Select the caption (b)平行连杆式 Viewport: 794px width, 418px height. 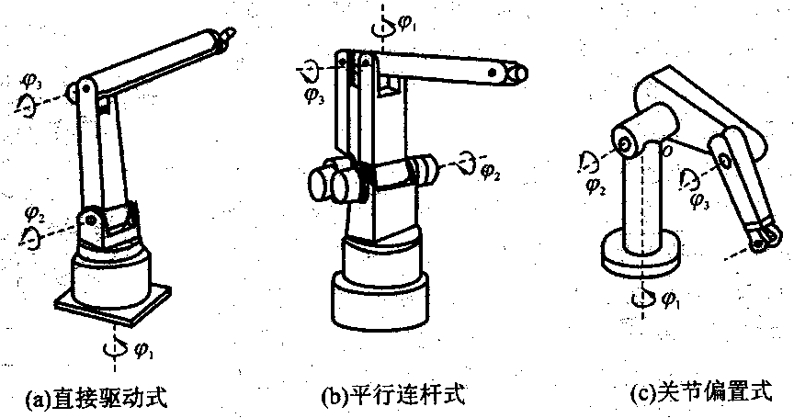(x=392, y=396)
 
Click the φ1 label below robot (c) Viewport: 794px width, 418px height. (x=673, y=299)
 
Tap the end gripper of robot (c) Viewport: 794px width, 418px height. (x=761, y=240)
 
